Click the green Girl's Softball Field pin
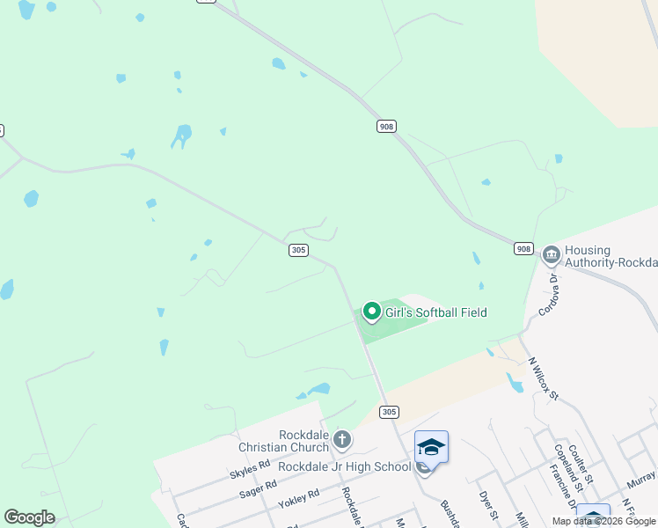pos(371,312)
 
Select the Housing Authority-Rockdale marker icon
pos(552,256)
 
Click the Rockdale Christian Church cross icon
pos(341,439)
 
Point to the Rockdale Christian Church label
pos(284,441)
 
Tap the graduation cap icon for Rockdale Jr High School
pos(431,447)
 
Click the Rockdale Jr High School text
pos(345,466)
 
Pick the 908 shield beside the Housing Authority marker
pos(523,249)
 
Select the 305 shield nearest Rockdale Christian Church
pos(390,412)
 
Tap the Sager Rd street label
pos(259,487)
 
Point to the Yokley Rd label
pos(298,499)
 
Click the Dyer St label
pos(489,506)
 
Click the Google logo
pos(29,517)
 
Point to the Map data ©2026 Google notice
pos(603,521)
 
